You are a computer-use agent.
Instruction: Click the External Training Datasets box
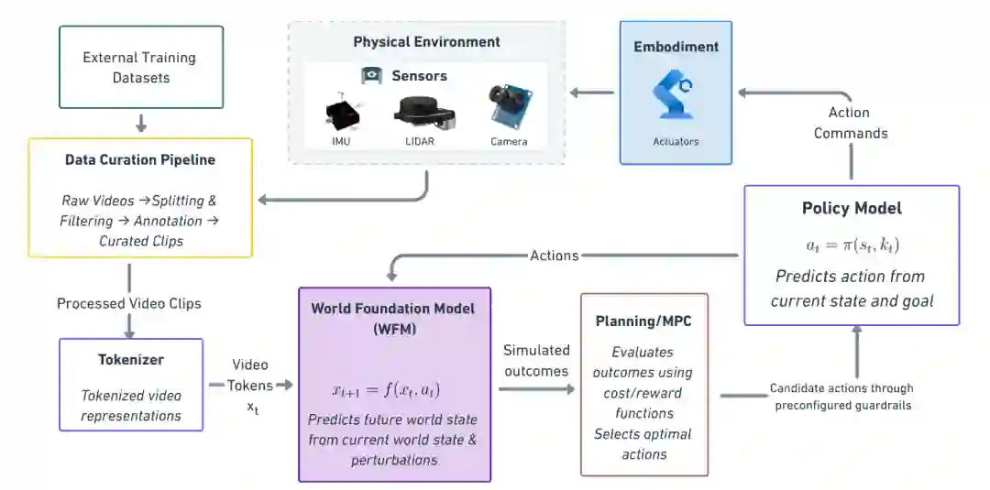coord(141,67)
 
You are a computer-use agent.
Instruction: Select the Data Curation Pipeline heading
coord(140,159)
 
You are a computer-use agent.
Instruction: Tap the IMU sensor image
coord(341,114)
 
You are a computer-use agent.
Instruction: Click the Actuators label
coord(676,141)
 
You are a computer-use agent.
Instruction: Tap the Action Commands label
coord(851,123)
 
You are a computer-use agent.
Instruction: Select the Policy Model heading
coord(852,208)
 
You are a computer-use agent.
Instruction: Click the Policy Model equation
coord(852,245)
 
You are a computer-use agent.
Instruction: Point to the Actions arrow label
coord(555,256)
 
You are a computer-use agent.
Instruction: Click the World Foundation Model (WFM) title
coord(393,319)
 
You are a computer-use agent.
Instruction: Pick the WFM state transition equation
coord(387,391)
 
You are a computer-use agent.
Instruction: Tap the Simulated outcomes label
coord(536,360)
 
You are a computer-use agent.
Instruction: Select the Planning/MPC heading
coord(643,321)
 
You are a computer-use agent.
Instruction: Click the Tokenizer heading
coord(131,360)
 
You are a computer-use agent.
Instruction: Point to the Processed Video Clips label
coord(129,304)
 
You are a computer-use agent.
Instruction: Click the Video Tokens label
coord(251,386)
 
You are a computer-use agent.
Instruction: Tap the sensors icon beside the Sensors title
coord(372,76)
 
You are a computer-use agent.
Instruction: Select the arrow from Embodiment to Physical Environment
coord(591,93)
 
